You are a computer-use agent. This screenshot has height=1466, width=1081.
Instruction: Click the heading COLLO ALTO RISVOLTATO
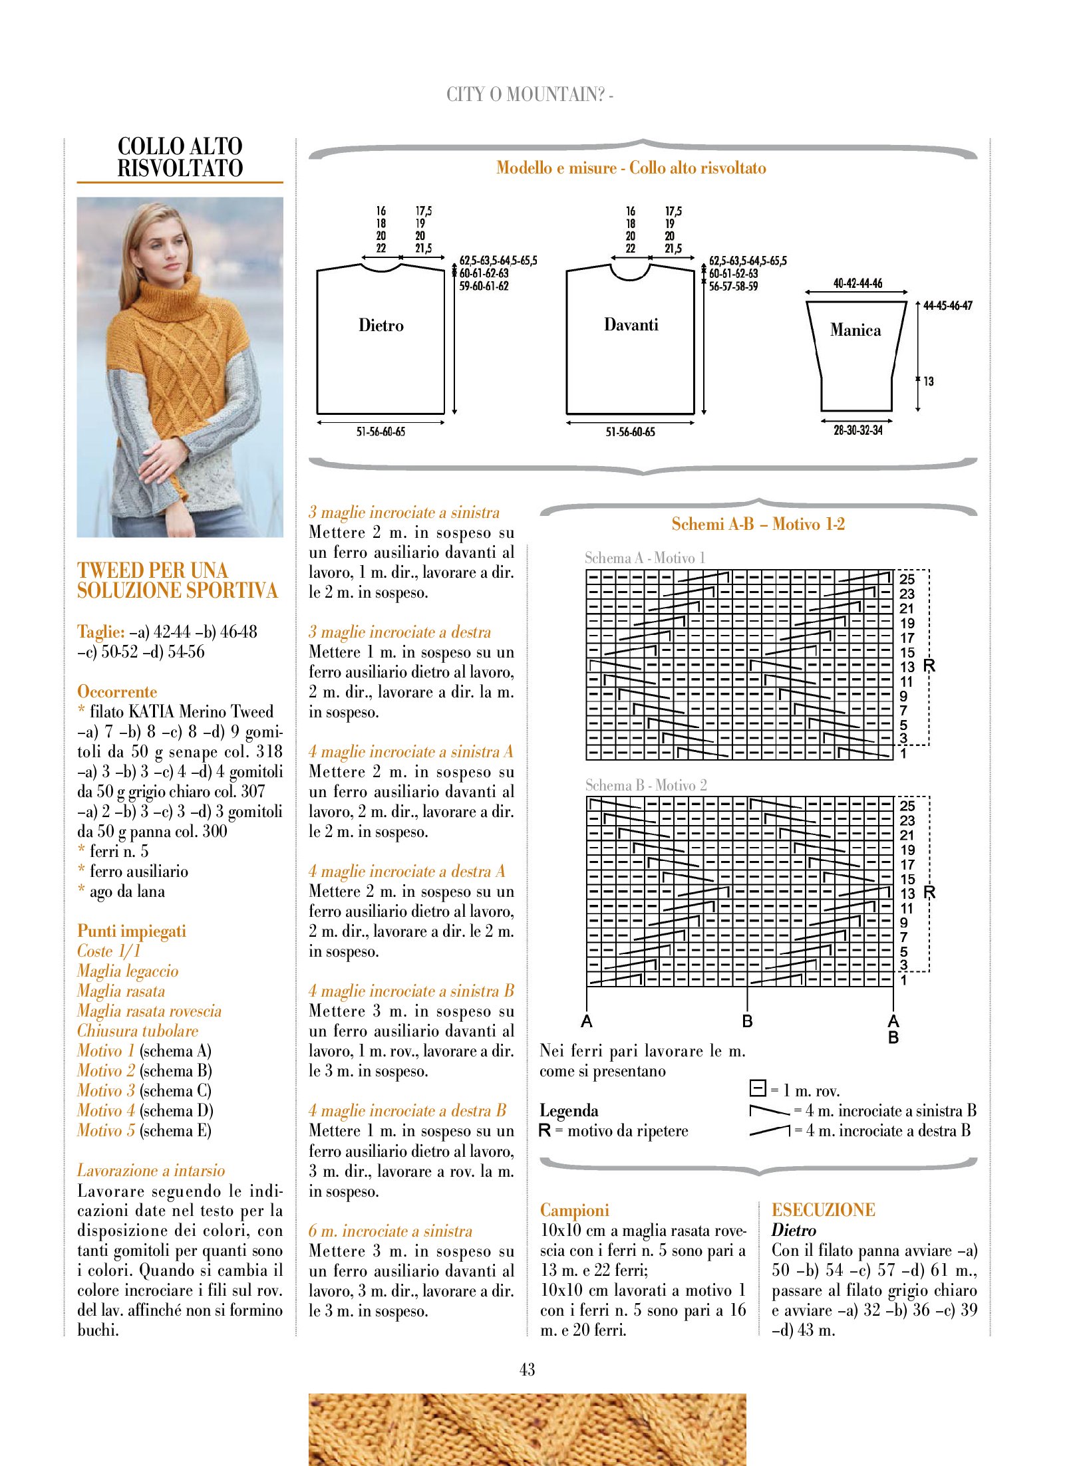pyautogui.click(x=180, y=158)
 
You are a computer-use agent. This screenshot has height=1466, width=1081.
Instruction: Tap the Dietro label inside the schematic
pyautogui.click(x=381, y=326)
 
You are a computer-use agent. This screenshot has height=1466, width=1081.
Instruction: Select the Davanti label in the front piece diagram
pyautogui.click(x=631, y=325)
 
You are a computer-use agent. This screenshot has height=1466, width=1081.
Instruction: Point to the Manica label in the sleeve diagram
pyautogui.click(x=855, y=330)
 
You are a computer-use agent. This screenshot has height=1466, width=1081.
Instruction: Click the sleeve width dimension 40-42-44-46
pyautogui.click(x=857, y=284)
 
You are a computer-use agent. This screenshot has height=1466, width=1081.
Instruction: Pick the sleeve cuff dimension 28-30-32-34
pyautogui.click(x=857, y=431)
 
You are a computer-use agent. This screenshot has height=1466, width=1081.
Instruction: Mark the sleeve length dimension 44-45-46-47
pyautogui.click(x=947, y=306)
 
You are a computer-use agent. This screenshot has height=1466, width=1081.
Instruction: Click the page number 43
pyautogui.click(x=527, y=1370)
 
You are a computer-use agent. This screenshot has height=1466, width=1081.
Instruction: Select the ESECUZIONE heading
pyautogui.click(x=823, y=1210)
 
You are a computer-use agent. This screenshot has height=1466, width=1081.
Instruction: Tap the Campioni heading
pyautogui.click(x=574, y=1210)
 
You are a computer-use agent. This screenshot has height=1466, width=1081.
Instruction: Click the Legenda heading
pyautogui.click(x=569, y=1111)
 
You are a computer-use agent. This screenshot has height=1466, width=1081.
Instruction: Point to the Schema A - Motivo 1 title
pyautogui.click(x=645, y=558)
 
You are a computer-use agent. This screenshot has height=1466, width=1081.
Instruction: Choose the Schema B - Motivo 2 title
pyautogui.click(x=645, y=785)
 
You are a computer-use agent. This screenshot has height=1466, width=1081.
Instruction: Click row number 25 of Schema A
pyautogui.click(x=907, y=579)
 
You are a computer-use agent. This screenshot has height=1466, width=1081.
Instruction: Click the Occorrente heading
pyautogui.click(x=117, y=691)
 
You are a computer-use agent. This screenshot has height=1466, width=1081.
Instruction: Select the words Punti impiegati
pyautogui.click(x=131, y=931)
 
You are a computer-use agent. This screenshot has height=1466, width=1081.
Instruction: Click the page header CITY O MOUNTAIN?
pyautogui.click(x=529, y=95)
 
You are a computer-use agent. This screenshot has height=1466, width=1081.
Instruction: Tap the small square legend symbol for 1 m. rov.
pyautogui.click(x=757, y=1088)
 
